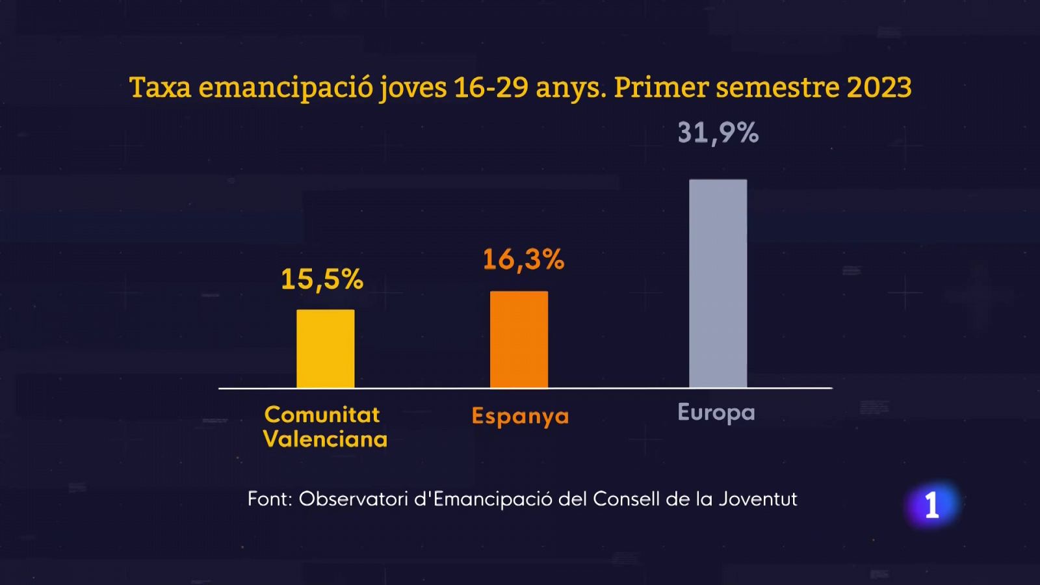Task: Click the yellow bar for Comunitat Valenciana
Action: (x=326, y=349)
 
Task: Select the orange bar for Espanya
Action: (x=519, y=340)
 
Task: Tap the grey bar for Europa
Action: (x=718, y=284)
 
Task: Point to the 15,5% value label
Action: (x=322, y=279)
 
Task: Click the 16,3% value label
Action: (x=523, y=259)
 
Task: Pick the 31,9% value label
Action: (x=718, y=133)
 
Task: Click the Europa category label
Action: (x=716, y=413)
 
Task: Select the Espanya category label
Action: (x=520, y=416)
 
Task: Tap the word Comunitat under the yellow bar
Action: (x=322, y=415)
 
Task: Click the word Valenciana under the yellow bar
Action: (x=325, y=439)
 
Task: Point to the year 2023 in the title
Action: (x=879, y=87)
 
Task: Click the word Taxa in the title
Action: (x=160, y=87)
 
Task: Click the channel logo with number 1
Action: (x=932, y=505)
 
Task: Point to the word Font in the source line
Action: (x=269, y=499)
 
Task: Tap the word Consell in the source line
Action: (x=626, y=499)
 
